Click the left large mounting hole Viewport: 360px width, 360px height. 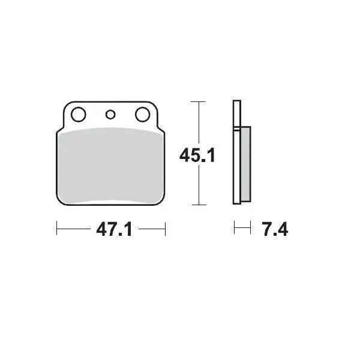click(x=78, y=113)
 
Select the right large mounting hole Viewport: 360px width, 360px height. click(x=142, y=113)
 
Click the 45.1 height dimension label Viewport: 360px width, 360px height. click(x=197, y=156)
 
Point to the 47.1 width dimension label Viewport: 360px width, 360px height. click(x=112, y=230)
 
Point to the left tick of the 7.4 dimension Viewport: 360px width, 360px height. click(x=235, y=228)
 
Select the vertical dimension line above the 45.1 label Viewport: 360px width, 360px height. click(x=199, y=123)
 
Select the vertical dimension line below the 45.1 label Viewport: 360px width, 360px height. click(x=199, y=186)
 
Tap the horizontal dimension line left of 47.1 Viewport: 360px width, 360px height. click(x=72, y=228)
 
